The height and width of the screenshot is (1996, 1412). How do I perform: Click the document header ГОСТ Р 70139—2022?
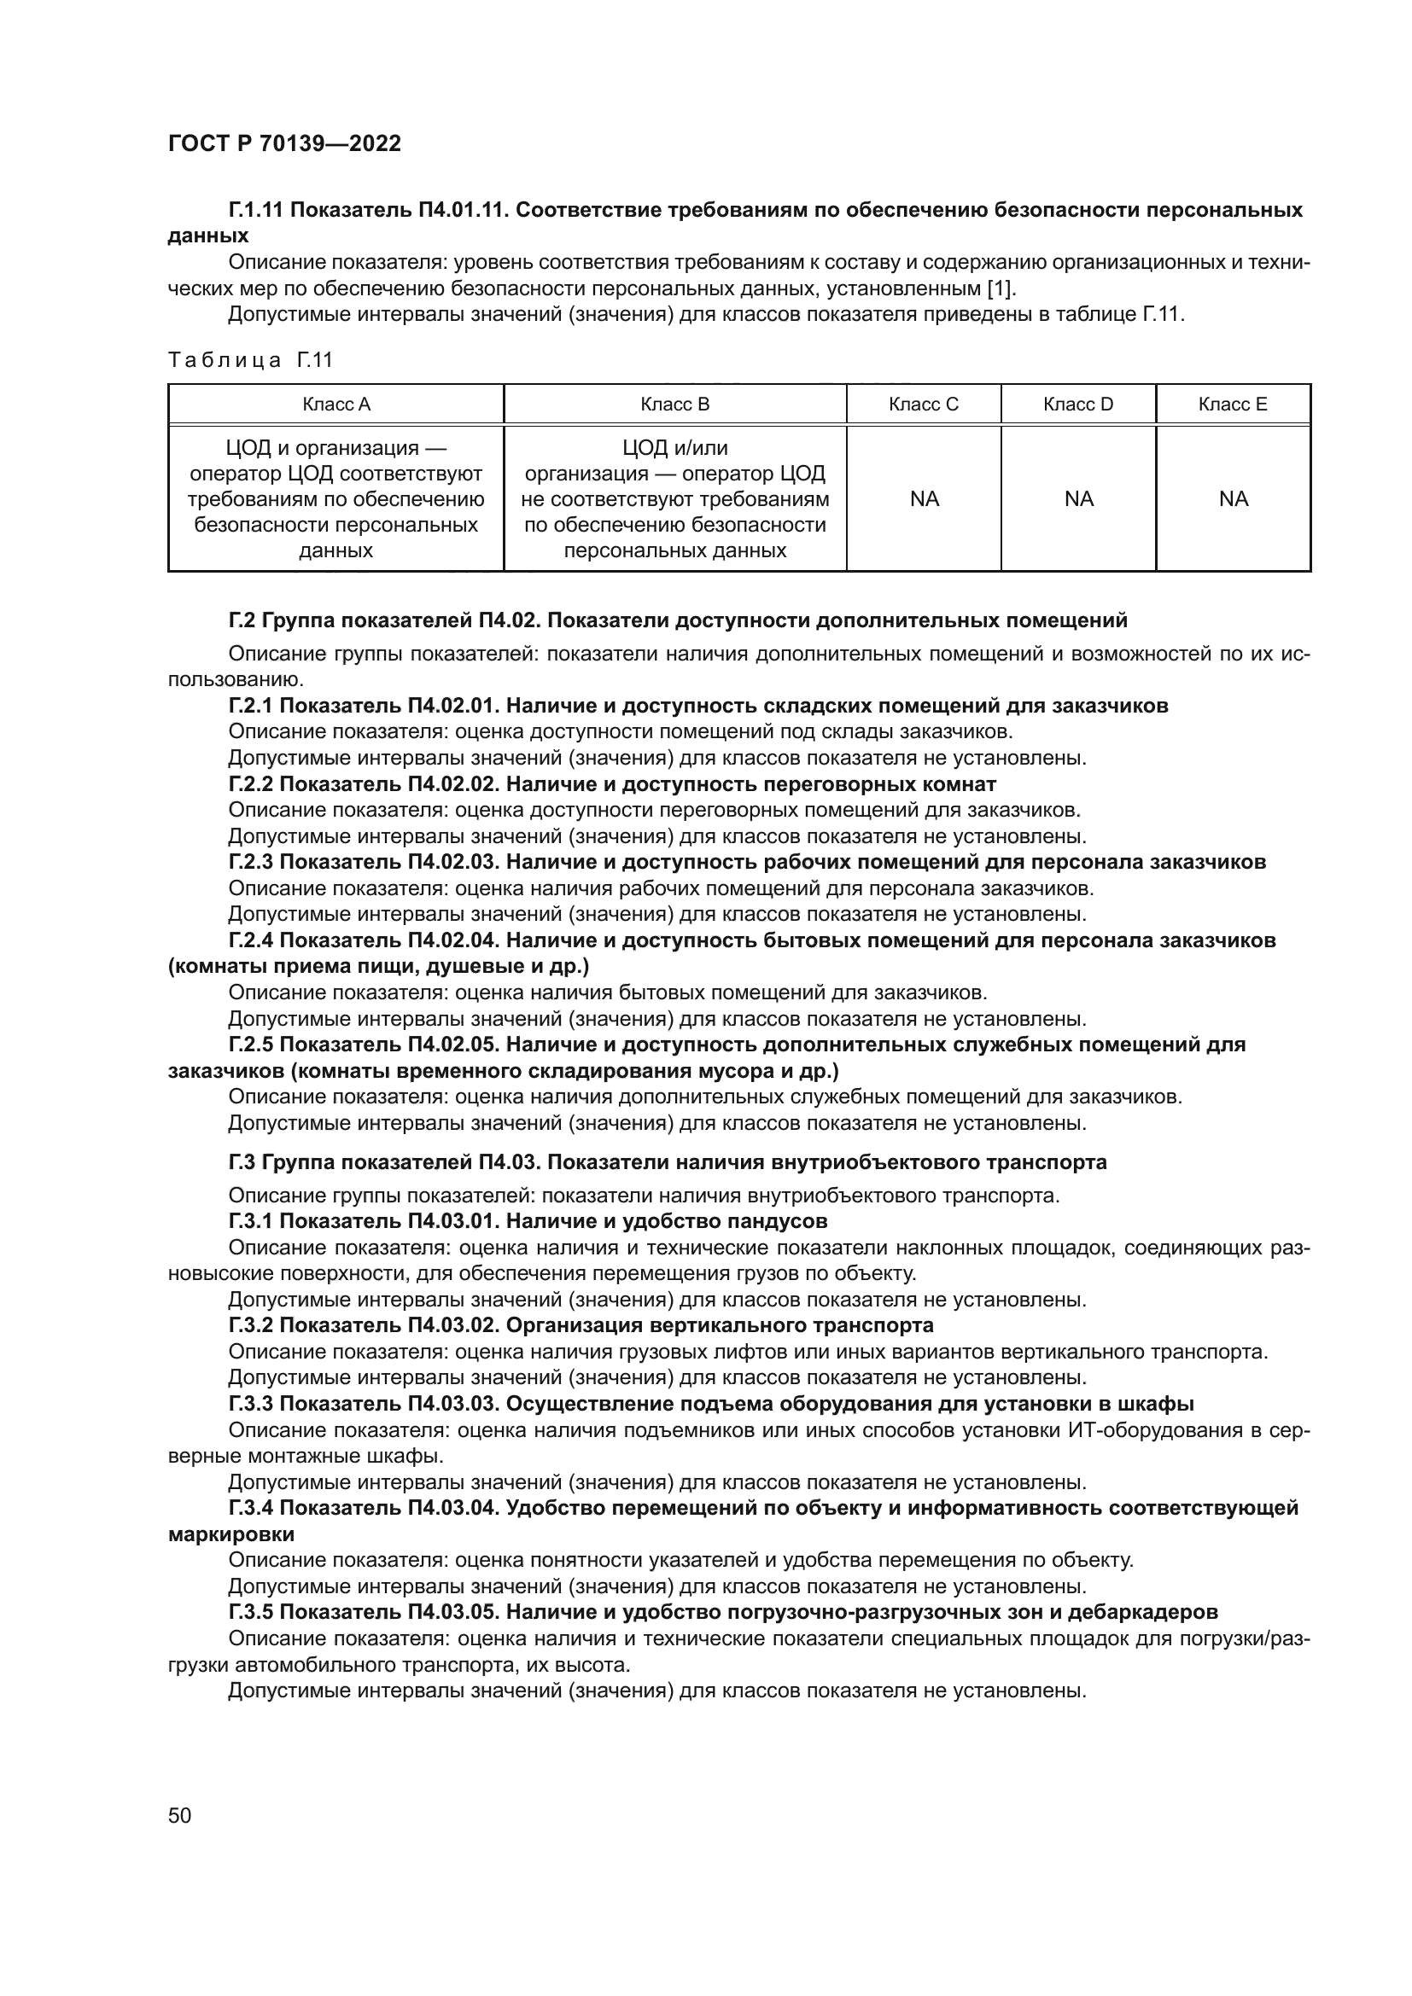coord(284,143)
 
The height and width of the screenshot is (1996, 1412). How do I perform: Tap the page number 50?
coord(179,1815)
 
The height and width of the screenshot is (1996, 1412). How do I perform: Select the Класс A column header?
coord(335,404)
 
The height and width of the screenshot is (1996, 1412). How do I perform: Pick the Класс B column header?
coord(674,404)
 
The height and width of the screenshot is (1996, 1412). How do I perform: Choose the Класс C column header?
coord(924,404)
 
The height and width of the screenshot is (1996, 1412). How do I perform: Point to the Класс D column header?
coord(1078,404)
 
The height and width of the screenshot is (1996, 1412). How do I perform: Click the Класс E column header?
coord(1233,404)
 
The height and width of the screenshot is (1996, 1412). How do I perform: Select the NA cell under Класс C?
coord(924,499)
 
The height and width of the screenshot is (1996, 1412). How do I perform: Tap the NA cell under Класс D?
coord(1078,499)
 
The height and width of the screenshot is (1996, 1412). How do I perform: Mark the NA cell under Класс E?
coord(1233,499)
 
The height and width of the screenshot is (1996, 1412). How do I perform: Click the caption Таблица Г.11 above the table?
coord(250,360)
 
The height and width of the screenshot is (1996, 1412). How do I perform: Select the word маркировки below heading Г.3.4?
coord(230,1534)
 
